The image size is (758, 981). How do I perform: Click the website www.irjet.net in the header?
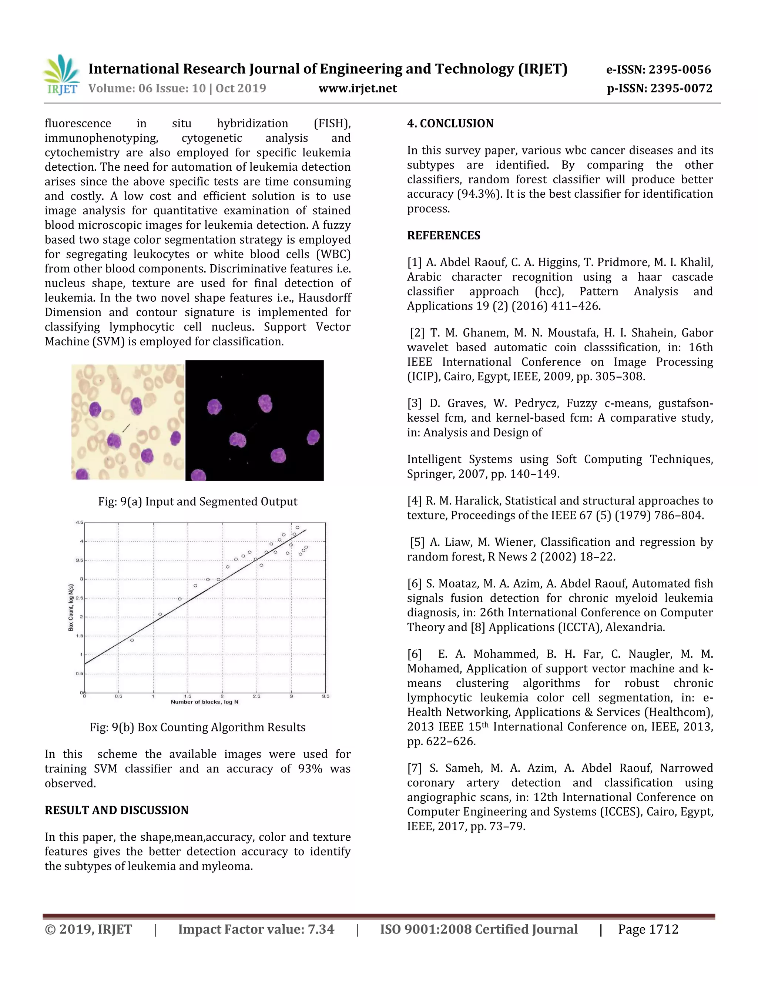coord(358,88)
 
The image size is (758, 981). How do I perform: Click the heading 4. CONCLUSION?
coord(450,124)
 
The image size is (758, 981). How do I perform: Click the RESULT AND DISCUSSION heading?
coord(116,810)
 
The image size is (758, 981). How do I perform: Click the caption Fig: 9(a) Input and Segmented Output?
coord(198,502)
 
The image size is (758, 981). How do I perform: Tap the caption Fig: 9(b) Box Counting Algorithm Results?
coord(198,727)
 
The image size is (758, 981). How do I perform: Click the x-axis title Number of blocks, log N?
coord(204,702)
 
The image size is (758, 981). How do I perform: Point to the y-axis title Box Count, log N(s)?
coord(71,607)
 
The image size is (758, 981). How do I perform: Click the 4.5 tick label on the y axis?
coord(80,522)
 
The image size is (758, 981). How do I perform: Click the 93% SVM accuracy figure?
coord(310,769)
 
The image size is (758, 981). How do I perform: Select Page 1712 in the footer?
coord(648,929)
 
